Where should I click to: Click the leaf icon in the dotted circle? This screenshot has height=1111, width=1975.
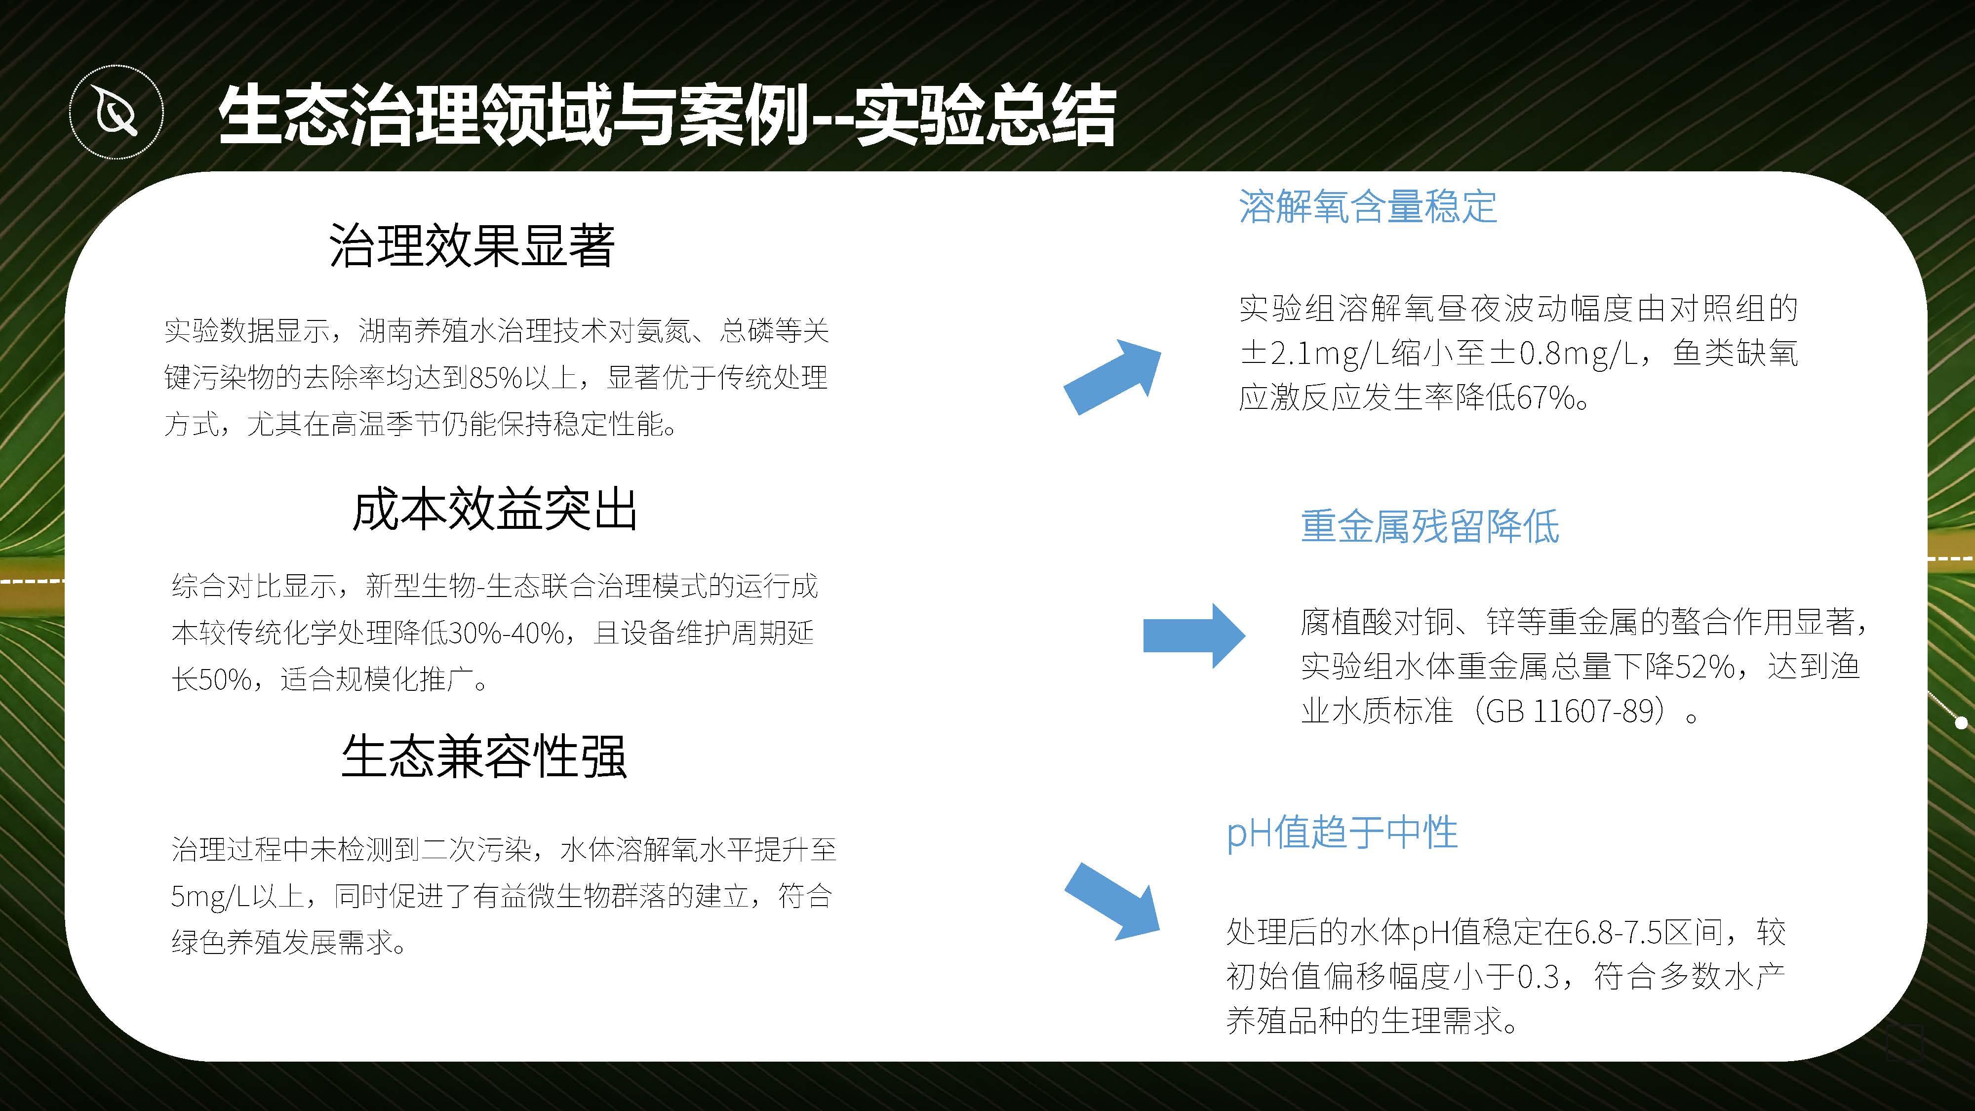(x=117, y=113)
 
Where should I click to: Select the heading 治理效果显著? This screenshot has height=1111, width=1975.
(x=472, y=245)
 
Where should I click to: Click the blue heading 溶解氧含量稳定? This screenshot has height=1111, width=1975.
(x=1368, y=206)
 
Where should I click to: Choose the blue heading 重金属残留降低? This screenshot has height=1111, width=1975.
(x=1430, y=527)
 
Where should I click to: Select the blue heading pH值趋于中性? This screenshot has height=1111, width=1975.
(x=1342, y=833)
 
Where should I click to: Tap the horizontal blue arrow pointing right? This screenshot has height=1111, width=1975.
(x=1194, y=635)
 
